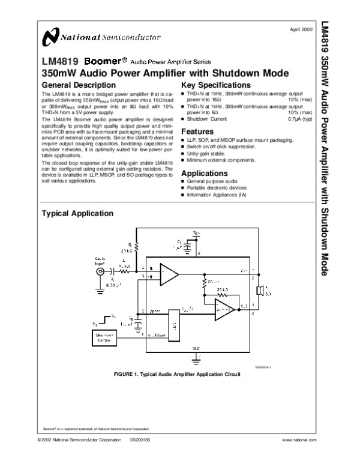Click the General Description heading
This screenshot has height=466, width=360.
pyautogui.click(x=74, y=85)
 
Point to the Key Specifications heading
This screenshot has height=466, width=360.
pyautogui.click(x=215, y=85)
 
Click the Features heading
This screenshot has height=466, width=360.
pyautogui.click(x=197, y=132)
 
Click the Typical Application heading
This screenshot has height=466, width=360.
pyautogui.click(x=76, y=213)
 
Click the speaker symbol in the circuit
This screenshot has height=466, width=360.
pyautogui.click(x=260, y=291)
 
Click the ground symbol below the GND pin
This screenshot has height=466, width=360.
pyautogui.click(x=196, y=359)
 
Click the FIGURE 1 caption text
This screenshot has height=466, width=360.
pyautogui.click(x=176, y=374)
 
